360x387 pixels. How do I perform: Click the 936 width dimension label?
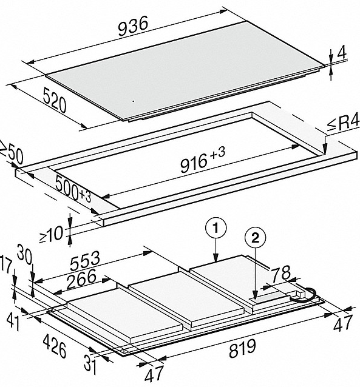(133, 25)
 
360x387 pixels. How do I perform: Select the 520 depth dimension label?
(55, 99)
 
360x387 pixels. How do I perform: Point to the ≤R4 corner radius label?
(343, 123)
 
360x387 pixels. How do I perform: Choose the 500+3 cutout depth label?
(73, 189)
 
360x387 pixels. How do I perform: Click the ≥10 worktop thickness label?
(51, 234)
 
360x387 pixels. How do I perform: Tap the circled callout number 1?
(216, 228)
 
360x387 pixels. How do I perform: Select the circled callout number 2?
(255, 238)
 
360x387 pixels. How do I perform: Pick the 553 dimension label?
(85, 261)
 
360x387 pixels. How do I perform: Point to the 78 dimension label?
(281, 272)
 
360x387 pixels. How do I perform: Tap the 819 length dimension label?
(242, 348)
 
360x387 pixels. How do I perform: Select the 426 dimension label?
(55, 346)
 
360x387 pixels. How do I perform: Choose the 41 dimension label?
(13, 321)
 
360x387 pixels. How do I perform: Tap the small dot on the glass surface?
(133, 101)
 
